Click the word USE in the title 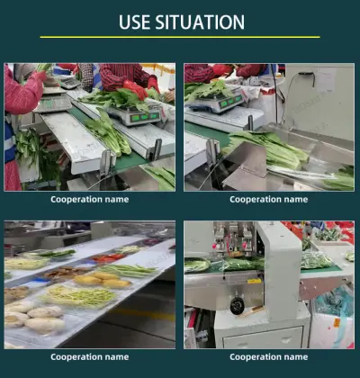139,22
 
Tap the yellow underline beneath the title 180,38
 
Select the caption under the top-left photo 89,199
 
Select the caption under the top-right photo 268,199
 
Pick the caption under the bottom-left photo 89,356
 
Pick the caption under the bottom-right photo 268,356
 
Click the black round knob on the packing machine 237,307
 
